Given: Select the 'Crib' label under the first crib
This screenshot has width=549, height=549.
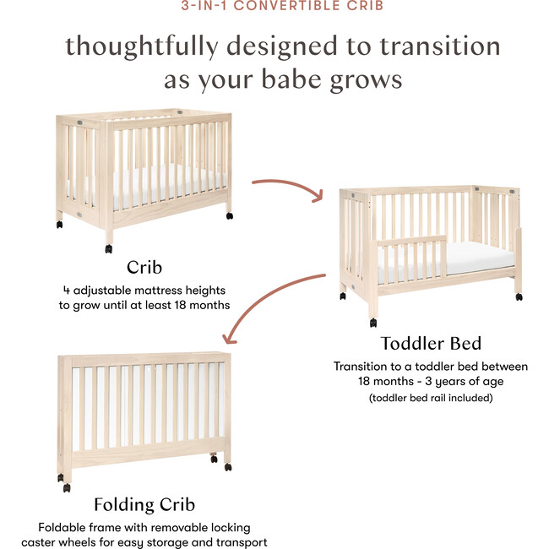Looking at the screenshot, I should tap(144, 268).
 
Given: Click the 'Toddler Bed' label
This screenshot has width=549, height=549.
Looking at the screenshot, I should tap(431, 343).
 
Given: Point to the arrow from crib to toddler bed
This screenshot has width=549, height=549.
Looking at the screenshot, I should tap(287, 188).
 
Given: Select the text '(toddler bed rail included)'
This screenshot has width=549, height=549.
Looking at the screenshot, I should tap(431, 397).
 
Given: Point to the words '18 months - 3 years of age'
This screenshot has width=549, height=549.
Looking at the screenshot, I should tap(431, 382).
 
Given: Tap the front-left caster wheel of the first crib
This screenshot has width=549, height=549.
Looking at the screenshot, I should tap(109, 248).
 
